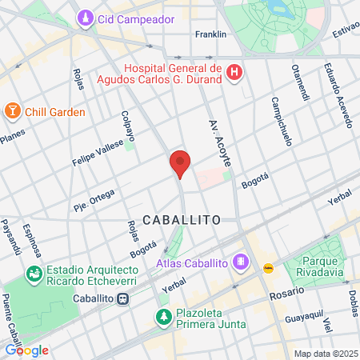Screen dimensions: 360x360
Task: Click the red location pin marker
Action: tap(180, 163)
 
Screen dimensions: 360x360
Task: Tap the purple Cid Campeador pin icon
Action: tap(86, 18)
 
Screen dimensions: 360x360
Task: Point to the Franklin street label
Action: tap(211, 34)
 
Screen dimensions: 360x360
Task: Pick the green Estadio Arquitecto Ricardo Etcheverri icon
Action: tap(34, 274)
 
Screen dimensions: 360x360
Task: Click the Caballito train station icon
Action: tap(122, 298)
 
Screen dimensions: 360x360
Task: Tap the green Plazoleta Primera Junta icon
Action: tap(163, 317)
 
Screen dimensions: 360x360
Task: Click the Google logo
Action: tap(27, 350)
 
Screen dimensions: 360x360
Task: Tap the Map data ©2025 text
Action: tap(323, 354)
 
